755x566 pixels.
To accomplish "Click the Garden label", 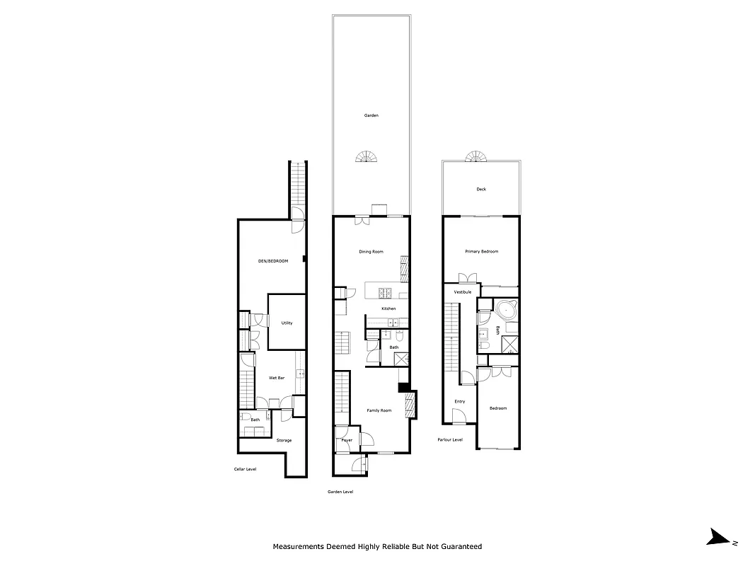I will point(371,115).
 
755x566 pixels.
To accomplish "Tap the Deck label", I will point(481,189).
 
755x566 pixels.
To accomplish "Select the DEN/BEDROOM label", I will point(273,261).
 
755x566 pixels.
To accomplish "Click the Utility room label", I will point(287,323).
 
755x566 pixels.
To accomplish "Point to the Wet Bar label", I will point(277,378).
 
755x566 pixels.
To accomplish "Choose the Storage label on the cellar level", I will point(284,440).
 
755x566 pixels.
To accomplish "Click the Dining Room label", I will point(371,252).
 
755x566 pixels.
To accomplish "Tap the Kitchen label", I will point(388,308).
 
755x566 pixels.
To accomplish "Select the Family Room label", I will point(379,410).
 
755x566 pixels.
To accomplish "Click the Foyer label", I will point(347,440).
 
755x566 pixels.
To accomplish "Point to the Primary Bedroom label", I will point(481,252).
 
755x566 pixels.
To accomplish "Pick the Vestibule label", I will point(463,291).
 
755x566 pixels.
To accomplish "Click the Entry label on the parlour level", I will point(460,401).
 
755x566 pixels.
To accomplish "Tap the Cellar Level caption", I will point(245,468).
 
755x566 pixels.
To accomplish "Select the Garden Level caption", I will point(340,492).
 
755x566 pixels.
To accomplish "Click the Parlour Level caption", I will point(449,439).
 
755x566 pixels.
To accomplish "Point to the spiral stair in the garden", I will point(368,156).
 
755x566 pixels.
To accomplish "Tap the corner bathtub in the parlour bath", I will point(507,310).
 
